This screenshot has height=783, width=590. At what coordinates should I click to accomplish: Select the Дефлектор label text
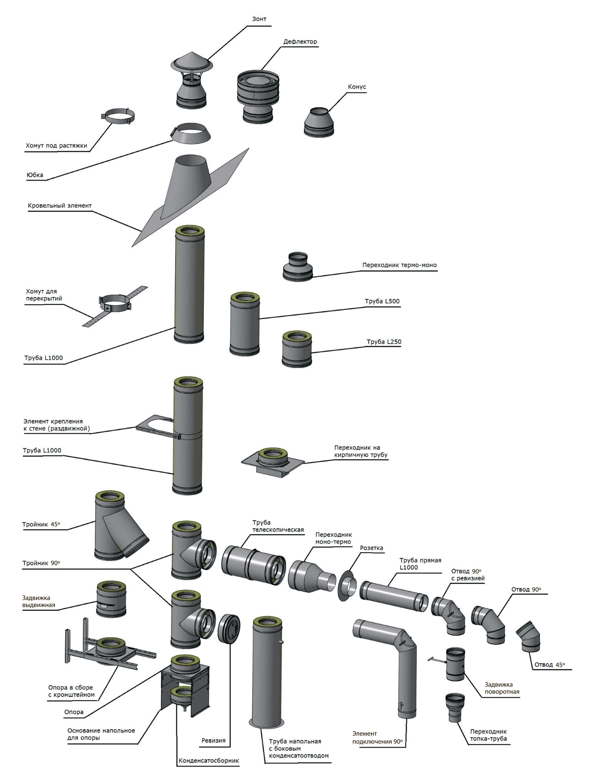click(300, 41)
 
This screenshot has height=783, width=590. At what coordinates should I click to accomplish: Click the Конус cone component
click(319, 122)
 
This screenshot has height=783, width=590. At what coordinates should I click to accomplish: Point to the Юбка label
click(35, 175)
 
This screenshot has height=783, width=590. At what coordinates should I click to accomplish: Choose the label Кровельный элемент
click(60, 206)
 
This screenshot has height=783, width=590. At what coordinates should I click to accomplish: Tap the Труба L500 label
click(382, 301)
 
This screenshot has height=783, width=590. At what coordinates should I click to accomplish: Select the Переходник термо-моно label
click(399, 265)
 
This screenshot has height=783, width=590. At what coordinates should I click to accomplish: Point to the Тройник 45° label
click(41, 524)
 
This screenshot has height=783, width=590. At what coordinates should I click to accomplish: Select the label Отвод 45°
click(549, 665)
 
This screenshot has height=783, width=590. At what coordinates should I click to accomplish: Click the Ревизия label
click(213, 741)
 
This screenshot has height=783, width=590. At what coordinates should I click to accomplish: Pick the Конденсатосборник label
click(208, 761)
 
